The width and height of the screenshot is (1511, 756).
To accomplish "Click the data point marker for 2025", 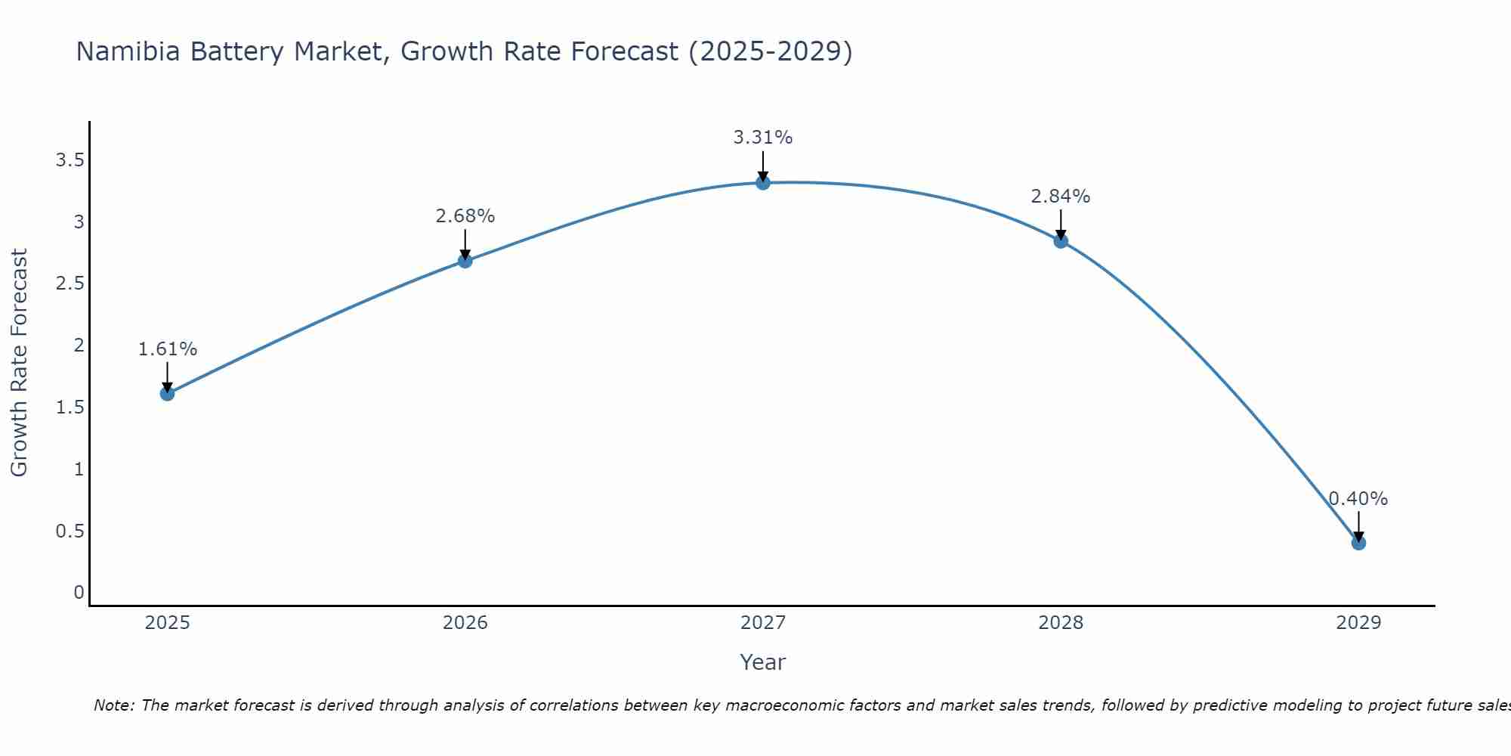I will [167, 393].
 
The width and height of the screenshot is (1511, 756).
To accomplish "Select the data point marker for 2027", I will [763, 182].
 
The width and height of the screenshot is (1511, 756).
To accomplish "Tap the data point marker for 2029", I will [1358, 543].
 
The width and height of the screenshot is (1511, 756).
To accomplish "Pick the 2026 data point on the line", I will [465, 261].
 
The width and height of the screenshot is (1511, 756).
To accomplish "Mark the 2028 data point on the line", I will [1061, 241].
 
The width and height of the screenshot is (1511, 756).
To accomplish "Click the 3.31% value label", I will [763, 138].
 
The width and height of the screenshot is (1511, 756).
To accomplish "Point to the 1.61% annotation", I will [167, 349].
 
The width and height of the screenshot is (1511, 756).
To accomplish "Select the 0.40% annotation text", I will [1358, 498].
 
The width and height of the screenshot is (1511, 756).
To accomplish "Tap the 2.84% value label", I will [1061, 197].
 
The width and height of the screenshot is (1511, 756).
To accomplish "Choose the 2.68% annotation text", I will [465, 216].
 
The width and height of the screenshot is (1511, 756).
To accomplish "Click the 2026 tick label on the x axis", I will [465, 623].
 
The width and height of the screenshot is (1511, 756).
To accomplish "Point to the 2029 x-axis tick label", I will [1358, 623].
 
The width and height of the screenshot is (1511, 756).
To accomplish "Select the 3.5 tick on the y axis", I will [70, 160].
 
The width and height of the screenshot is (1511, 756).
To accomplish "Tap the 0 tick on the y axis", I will [79, 593].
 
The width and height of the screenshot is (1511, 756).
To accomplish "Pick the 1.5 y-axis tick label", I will [70, 407].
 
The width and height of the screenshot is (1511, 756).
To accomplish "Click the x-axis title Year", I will [763, 662].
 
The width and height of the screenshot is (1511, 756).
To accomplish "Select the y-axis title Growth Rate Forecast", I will [19, 363].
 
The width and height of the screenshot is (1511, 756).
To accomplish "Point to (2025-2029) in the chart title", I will [771, 51].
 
